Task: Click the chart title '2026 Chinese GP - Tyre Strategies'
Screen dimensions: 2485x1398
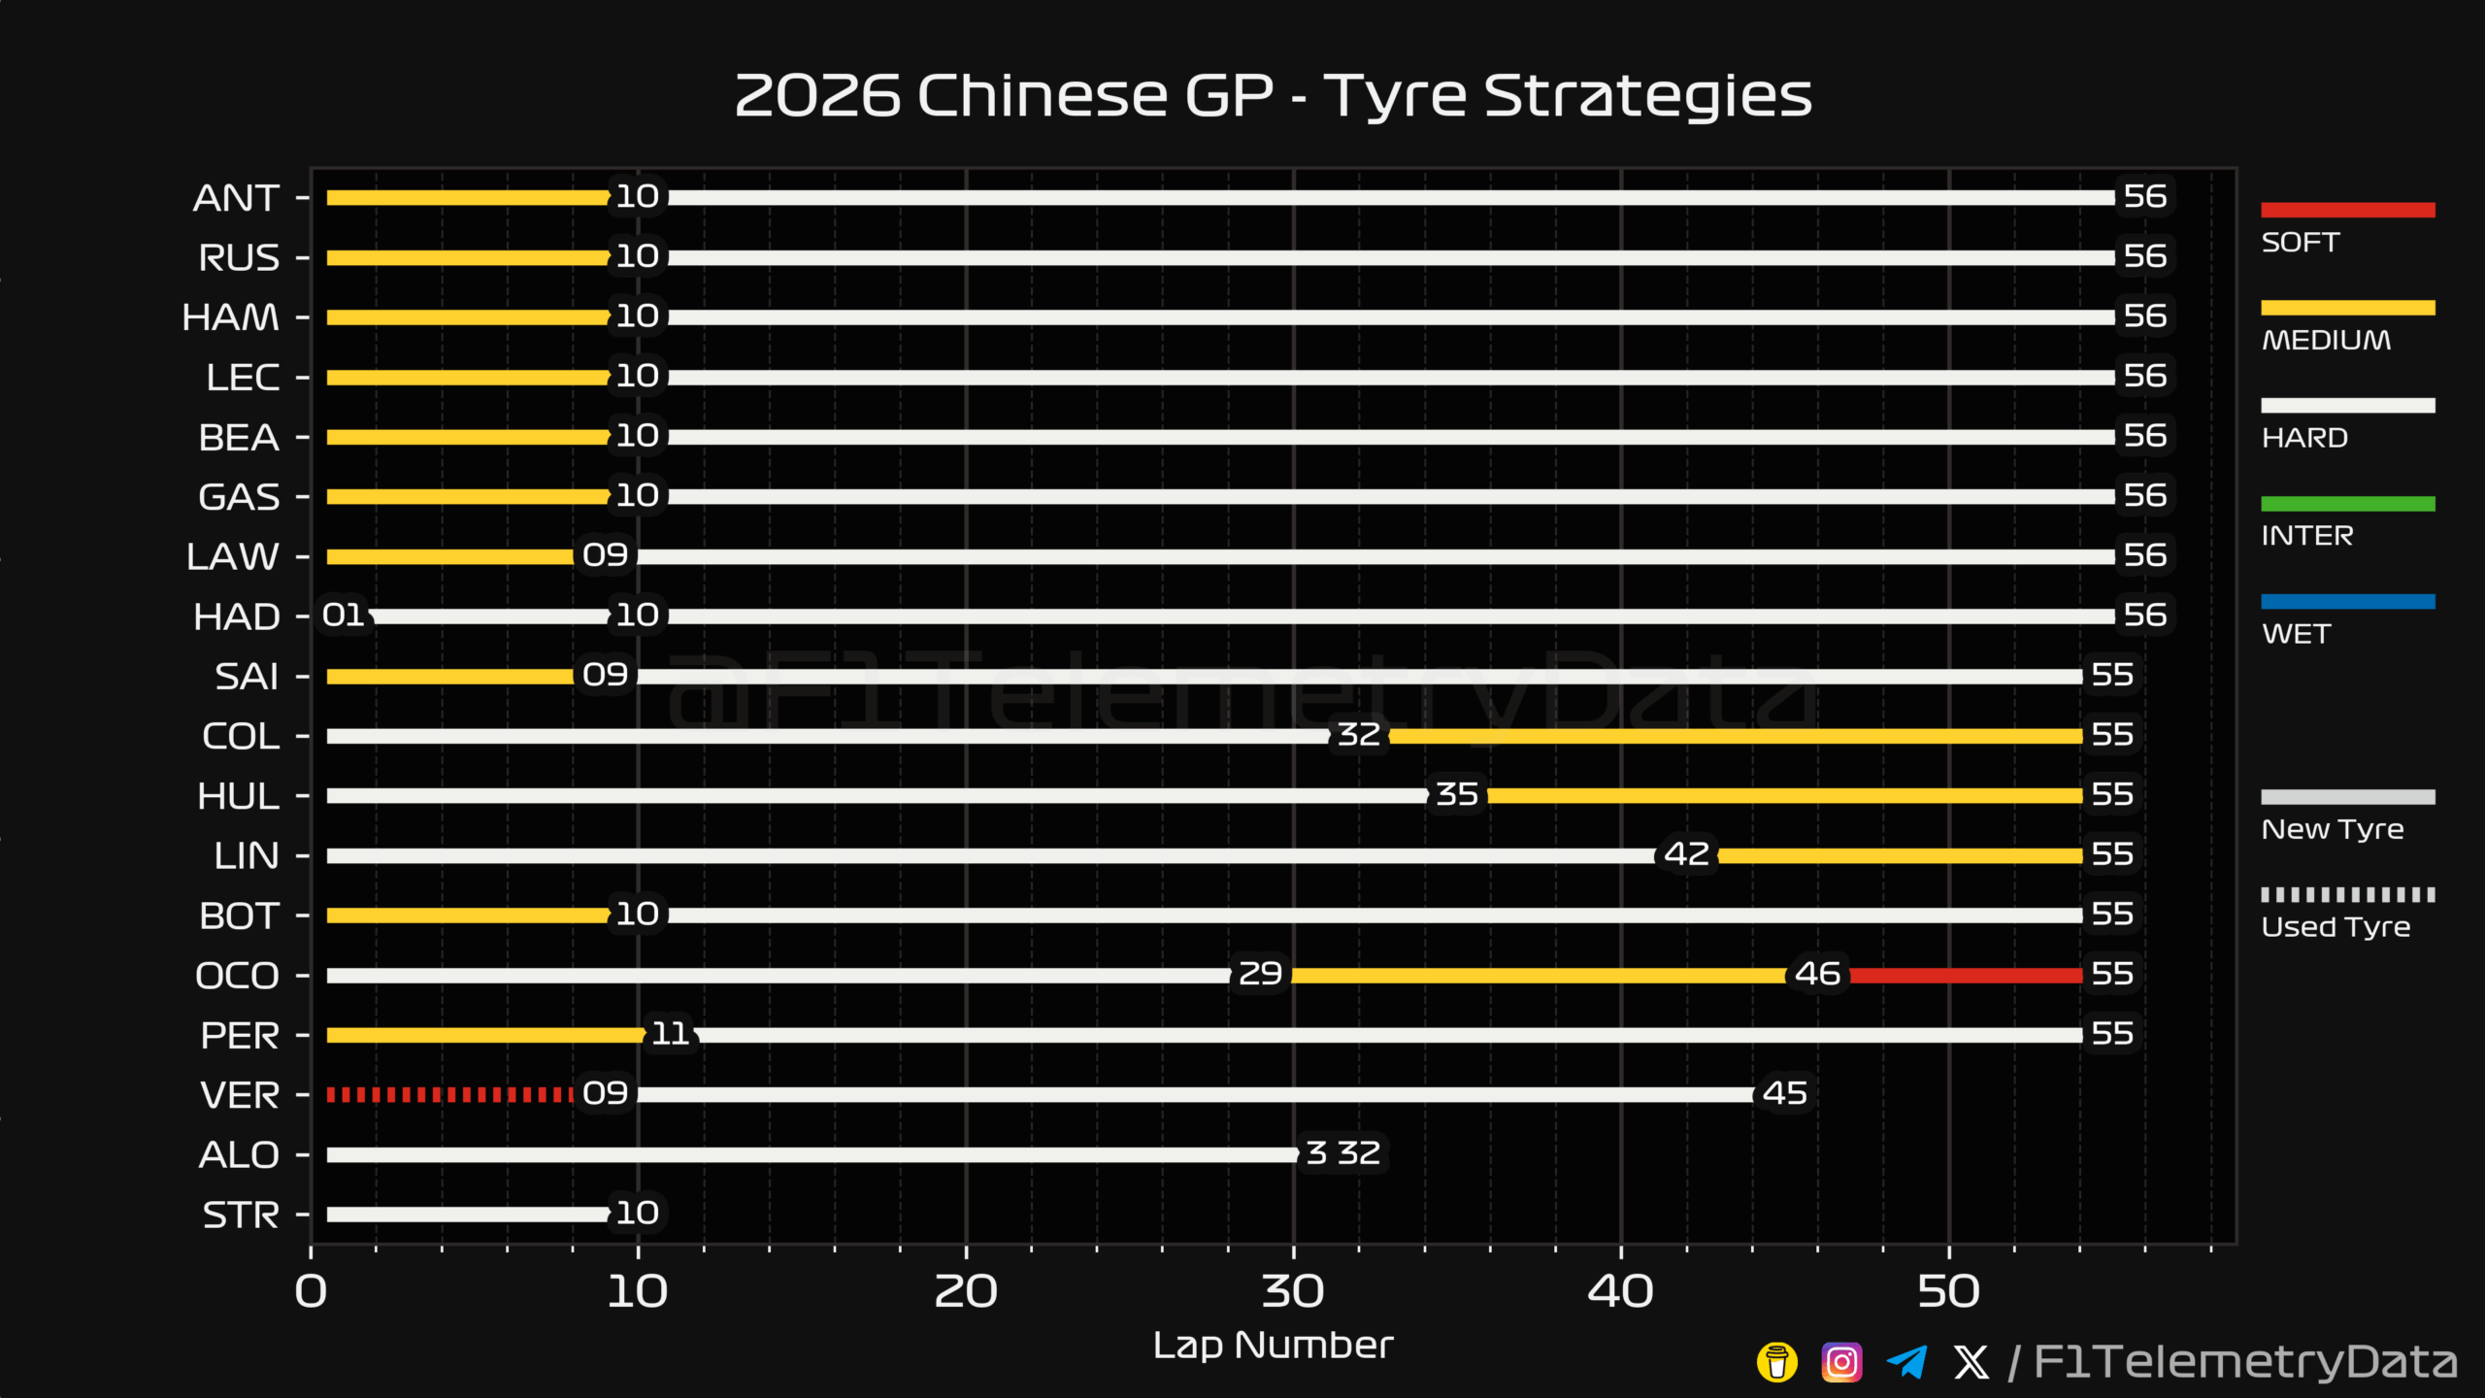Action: click(1273, 95)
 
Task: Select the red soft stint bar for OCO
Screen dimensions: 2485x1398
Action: click(1966, 976)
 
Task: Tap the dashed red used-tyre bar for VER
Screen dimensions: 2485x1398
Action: click(450, 1095)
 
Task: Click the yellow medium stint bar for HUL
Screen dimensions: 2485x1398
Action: click(1785, 796)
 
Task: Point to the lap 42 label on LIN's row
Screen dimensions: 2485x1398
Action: click(1686, 854)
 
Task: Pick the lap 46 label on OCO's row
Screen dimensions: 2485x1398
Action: click(1817, 974)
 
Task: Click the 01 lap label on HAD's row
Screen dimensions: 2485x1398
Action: click(344, 615)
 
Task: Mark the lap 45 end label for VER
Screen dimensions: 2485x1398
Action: click(1785, 1093)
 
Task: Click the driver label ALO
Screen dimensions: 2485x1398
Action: click(239, 1155)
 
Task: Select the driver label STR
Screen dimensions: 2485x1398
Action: click(241, 1215)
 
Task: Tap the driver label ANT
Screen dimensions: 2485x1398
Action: click(237, 198)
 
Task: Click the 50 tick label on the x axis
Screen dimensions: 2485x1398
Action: click(1948, 1292)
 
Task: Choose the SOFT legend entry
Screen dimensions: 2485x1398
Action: click(2347, 227)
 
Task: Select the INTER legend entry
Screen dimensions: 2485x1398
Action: click(2347, 521)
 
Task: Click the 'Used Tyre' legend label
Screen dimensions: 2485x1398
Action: click(2336, 927)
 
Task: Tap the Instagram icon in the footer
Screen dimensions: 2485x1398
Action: click(1841, 1362)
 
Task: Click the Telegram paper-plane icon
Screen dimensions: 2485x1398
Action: click(1906, 1362)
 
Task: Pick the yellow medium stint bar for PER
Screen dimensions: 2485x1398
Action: click(485, 1036)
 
